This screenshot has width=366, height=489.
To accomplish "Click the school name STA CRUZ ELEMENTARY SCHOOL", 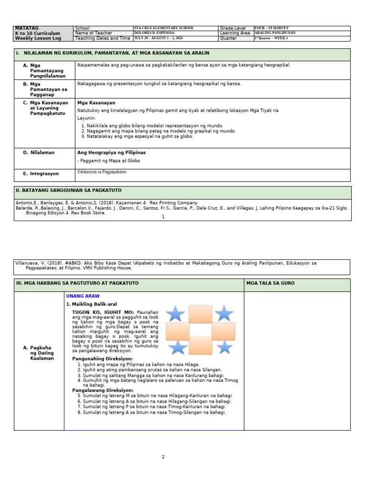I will [164, 28].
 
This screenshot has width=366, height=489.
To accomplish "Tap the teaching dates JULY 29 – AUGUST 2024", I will [159, 38].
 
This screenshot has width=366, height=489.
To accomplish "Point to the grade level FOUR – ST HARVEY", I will [272, 28].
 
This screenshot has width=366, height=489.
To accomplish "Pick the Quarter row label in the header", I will [228, 38].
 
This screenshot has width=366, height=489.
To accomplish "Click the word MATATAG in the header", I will [27, 28].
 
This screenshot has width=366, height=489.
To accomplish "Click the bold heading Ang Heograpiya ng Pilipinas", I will [112, 152].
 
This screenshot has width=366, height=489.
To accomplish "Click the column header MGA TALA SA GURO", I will [270, 283].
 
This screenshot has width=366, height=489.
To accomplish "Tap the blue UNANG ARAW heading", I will [83, 296].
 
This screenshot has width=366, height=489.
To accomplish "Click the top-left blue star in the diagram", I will [176, 314].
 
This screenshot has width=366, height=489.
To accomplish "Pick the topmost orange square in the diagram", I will [200, 314].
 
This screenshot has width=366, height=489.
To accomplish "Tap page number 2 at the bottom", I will [163, 457].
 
